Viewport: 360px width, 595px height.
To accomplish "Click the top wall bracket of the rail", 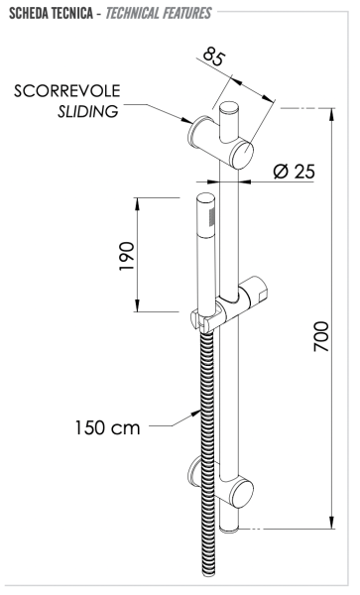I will (225, 138).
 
